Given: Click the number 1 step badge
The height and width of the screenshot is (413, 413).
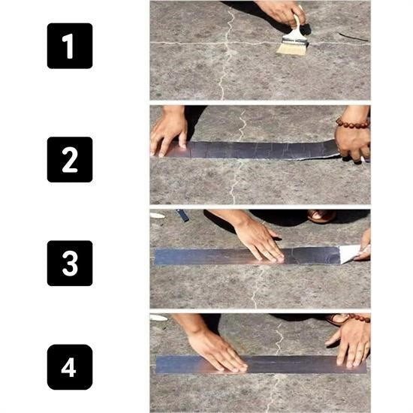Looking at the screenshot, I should [70, 46].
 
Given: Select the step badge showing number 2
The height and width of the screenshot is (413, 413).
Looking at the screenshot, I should [70, 159].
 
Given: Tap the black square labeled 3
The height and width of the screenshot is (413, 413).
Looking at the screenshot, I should [70, 263].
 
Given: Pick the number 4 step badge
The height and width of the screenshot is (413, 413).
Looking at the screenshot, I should [70, 367].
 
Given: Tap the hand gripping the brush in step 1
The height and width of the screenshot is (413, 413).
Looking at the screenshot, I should [280, 11].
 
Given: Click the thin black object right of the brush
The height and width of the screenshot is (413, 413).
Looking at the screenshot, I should [353, 37].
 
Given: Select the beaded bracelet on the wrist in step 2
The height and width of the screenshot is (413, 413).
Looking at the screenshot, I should [352, 122].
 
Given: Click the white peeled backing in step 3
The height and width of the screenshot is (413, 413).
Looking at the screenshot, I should [349, 253].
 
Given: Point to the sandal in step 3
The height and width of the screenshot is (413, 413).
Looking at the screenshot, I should [321, 216].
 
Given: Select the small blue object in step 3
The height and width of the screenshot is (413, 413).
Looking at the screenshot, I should [183, 216].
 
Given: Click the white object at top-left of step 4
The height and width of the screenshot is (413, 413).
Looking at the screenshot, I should [158, 318].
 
